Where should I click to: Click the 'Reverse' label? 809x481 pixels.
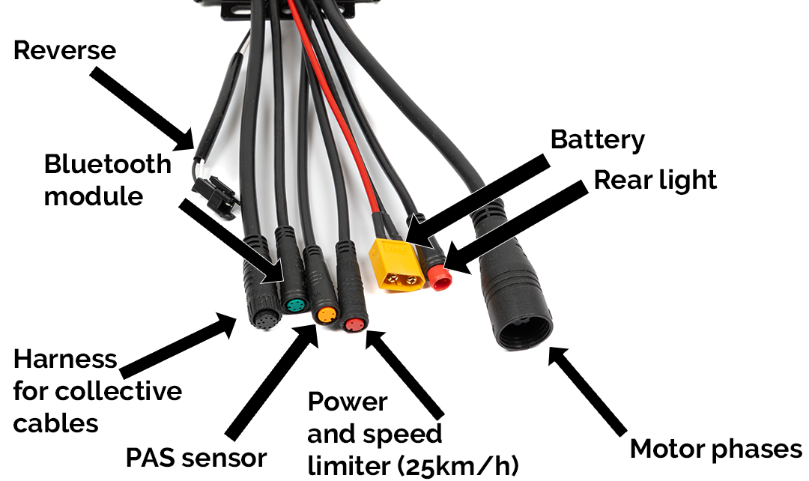point(65,50)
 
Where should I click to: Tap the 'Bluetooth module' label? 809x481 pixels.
point(107,180)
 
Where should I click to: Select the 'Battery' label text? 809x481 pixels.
point(597,140)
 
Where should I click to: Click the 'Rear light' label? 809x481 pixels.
point(655,180)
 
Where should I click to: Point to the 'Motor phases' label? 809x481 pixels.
point(715,449)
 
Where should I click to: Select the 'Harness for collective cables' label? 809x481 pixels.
point(97,391)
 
